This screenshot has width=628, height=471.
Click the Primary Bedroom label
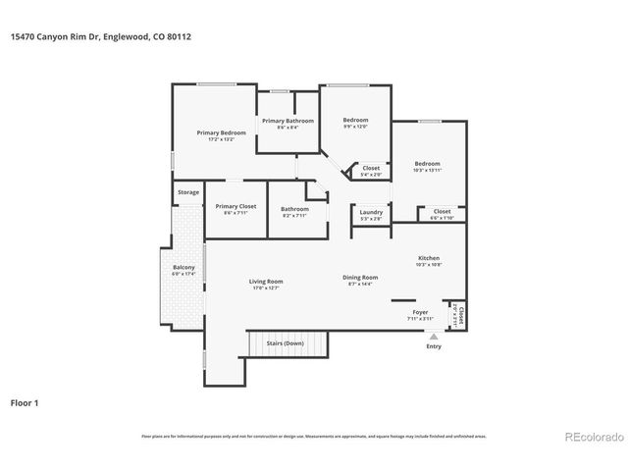click(x=220, y=132)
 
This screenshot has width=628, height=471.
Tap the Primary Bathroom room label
click(x=288, y=121)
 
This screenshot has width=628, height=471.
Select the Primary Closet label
click(x=235, y=207)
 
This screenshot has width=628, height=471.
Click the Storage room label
click(x=187, y=192)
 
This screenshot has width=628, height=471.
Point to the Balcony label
click(x=183, y=268)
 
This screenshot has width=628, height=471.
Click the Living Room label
click(x=266, y=282)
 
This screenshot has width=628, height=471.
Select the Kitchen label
click(x=428, y=258)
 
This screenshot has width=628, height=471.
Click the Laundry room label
click(x=371, y=212)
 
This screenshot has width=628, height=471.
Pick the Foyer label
click(x=419, y=313)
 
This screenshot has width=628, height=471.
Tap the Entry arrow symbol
click(x=434, y=337)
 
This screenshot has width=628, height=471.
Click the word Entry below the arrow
click(x=434, y=346)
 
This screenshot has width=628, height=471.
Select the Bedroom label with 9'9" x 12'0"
click(x=354, y=120)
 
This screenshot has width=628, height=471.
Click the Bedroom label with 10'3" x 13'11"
click(x=427, y=164)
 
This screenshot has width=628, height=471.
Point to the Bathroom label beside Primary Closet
click(x=294, y=208)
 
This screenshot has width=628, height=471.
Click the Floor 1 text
click(x=25, y=402)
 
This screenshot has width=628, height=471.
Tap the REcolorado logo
click(x=590, y=437)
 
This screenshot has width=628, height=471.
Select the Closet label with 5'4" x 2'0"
click(x=371, y=168)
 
